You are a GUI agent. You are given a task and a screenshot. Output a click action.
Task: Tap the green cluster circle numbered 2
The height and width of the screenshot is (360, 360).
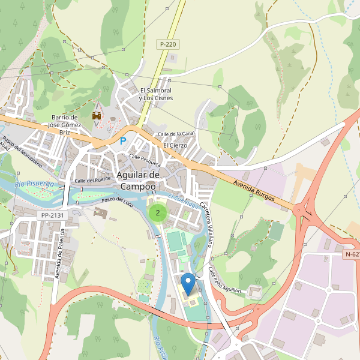point(158,212)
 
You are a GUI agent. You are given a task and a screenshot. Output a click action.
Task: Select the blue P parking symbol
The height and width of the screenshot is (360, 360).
point(123,141)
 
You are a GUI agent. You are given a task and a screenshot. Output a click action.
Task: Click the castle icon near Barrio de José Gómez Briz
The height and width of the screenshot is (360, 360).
point(96,115)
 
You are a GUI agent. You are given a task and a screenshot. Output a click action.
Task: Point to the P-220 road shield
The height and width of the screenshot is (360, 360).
point(168,44)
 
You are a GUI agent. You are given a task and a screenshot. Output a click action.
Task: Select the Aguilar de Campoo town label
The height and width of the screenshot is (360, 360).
point(139,180)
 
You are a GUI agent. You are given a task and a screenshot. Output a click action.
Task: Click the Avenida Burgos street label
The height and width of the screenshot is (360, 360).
point(254,189)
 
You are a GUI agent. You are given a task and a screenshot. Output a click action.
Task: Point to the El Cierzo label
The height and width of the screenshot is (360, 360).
point(175,145)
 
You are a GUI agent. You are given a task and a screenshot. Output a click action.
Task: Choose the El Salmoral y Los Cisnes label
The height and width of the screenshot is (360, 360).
point(155,94)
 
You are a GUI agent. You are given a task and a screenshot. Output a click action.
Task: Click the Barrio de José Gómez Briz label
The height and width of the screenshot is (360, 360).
point(65,125)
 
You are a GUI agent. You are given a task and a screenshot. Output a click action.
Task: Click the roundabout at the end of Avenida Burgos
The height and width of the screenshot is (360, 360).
point(306,211)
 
